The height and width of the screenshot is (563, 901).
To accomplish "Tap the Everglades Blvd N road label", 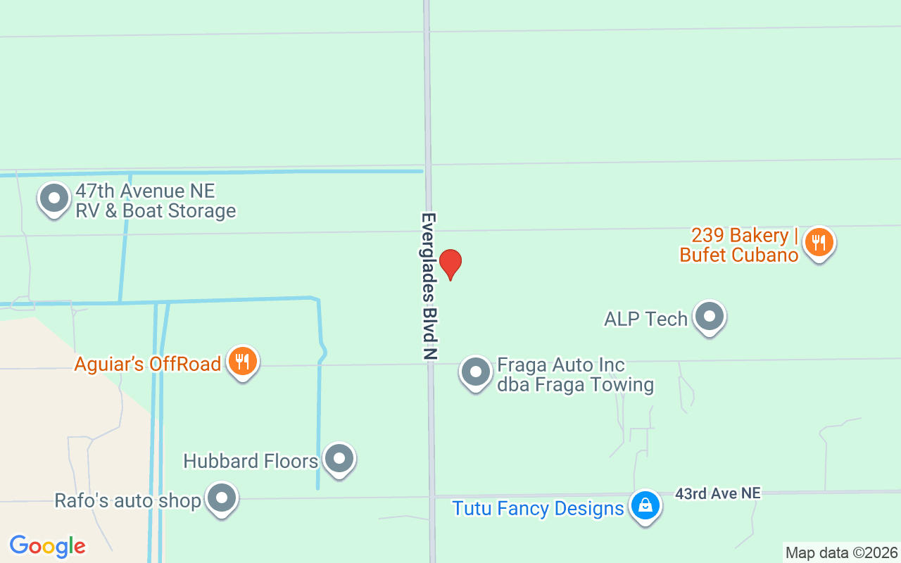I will tap(429, 286).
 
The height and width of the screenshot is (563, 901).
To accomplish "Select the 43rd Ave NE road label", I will tap(717, 494).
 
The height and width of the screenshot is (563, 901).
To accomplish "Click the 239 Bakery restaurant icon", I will tap(818, 243).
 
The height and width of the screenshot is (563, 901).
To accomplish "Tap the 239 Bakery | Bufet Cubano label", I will tap(739, 245).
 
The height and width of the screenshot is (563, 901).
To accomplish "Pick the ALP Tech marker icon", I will tap(709, 317).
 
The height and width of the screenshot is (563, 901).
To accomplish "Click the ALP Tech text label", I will tap(645, 319).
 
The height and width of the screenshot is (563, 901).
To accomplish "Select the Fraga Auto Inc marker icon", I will tap(476, 372).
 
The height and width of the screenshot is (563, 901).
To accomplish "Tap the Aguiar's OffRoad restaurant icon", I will tap(243, 362).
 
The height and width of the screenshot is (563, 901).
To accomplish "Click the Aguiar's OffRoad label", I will tap(148, 364).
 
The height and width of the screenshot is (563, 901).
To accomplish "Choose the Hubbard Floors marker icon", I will tap(339, 459).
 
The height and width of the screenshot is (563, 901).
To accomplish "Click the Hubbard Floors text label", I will tap(251, 461).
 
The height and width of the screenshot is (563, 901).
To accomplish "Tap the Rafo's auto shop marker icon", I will tap(222, 499).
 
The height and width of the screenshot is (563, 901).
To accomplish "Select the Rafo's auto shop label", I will tap(128, 501).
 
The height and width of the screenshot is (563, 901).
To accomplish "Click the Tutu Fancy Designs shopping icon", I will tap(645, 506).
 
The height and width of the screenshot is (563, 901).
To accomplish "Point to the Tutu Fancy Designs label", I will tap(538, 508).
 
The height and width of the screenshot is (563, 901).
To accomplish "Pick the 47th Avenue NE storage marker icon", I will tap(54, 199).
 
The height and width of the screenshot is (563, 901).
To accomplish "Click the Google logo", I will tap(47, 546).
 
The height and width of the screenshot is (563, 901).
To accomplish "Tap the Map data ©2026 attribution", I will tap(841, 552).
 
